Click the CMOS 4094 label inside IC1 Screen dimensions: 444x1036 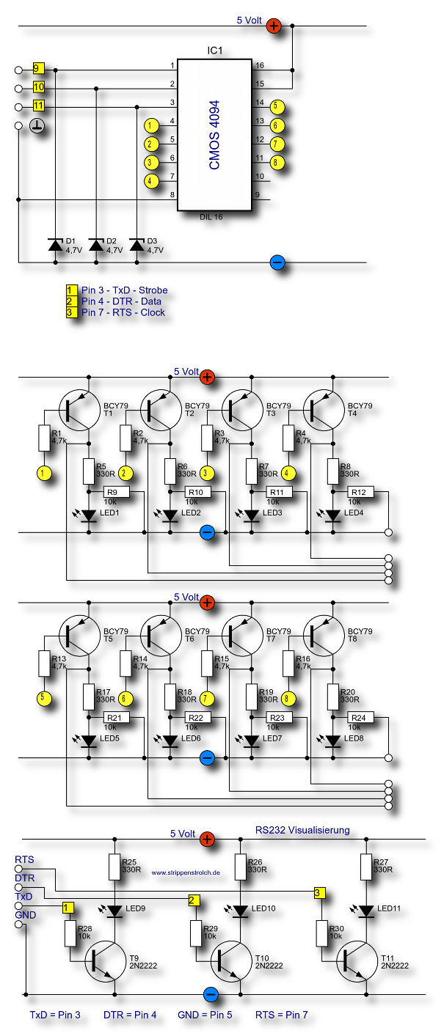[x=214, y=135]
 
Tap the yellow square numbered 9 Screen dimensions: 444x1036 [x=38, y=69]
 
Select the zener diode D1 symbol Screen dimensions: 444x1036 [x=56, y=245]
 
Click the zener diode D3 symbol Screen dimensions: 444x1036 [x=137, y=245]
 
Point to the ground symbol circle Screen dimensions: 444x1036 [x=37, y=125]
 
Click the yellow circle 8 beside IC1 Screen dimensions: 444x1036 [x=277, y=162]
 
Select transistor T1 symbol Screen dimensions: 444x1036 [x=80, y=411]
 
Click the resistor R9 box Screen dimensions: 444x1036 [x=116, y=492]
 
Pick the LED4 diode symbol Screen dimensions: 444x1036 [x=333, y=515]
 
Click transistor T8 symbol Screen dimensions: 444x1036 [x=324, y=636]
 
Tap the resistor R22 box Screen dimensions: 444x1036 [x=197, y=717]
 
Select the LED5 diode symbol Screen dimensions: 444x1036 [x=89, y=741]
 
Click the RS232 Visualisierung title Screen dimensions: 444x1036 [x=302, y=830]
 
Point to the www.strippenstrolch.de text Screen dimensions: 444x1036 [x=186, y=872]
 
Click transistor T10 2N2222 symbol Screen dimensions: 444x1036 [x=231, y=961]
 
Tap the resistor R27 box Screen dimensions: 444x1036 [x=366, y=867]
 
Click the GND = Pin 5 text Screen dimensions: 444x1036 [x=205, y=1015]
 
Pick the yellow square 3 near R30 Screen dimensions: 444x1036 [x=319, y=893]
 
